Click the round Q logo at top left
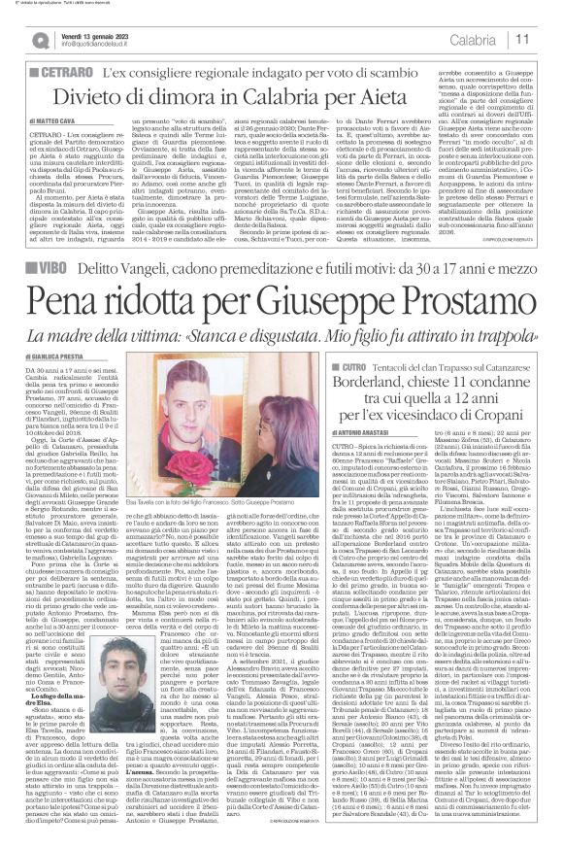[40, 40]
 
